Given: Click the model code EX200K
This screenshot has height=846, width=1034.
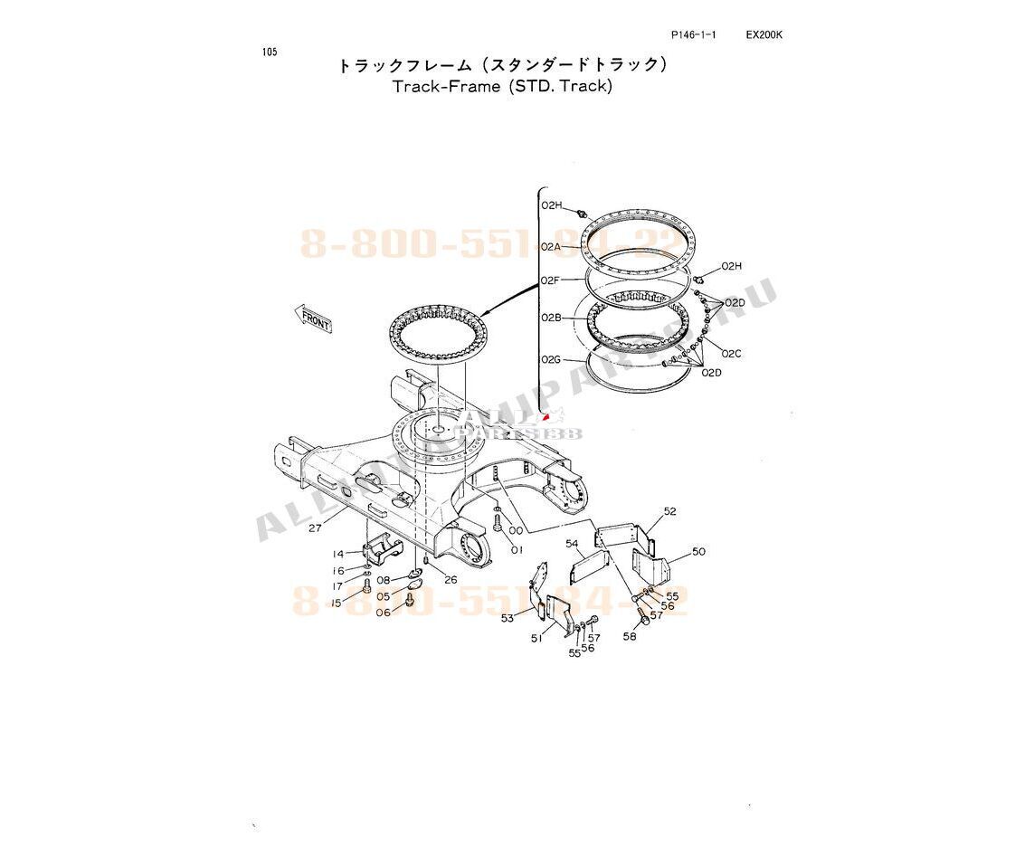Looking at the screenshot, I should [x=764, y=35].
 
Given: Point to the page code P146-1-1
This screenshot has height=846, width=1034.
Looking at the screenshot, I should [x=694, y=35].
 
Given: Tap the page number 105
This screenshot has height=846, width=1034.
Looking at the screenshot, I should [x=270, y=52].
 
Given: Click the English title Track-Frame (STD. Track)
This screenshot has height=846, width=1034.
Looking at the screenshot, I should [x=502, y=87].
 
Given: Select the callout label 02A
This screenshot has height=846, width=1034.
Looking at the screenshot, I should [x=551, y=247].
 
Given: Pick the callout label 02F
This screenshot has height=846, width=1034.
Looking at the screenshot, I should [x=551, y=281].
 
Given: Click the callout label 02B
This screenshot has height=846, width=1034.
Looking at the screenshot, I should [x=551, y=318].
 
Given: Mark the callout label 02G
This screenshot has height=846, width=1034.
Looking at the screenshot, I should [x=551, y=360].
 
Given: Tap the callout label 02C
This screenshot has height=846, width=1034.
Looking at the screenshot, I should [x=731, y=354].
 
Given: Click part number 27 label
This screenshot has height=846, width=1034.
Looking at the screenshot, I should [x=316, y=528].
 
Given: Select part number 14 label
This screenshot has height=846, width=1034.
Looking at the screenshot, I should [x=338, y=554].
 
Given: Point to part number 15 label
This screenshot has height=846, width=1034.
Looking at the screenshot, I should [x=337, y=603].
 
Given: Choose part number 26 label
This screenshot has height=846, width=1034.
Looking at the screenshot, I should [x=451, y=580].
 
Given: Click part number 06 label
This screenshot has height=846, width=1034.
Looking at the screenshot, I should [x=384, y=613].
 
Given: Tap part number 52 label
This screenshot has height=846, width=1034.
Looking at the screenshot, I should [x=669, y=511].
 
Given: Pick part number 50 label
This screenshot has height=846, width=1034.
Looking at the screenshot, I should [x=698, y=551].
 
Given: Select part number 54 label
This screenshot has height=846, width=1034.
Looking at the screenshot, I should [x=573, y=544].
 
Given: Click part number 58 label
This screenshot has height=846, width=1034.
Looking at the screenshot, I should [x=630, y=636].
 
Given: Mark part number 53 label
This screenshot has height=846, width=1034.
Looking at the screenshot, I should [x=508, y=618].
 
